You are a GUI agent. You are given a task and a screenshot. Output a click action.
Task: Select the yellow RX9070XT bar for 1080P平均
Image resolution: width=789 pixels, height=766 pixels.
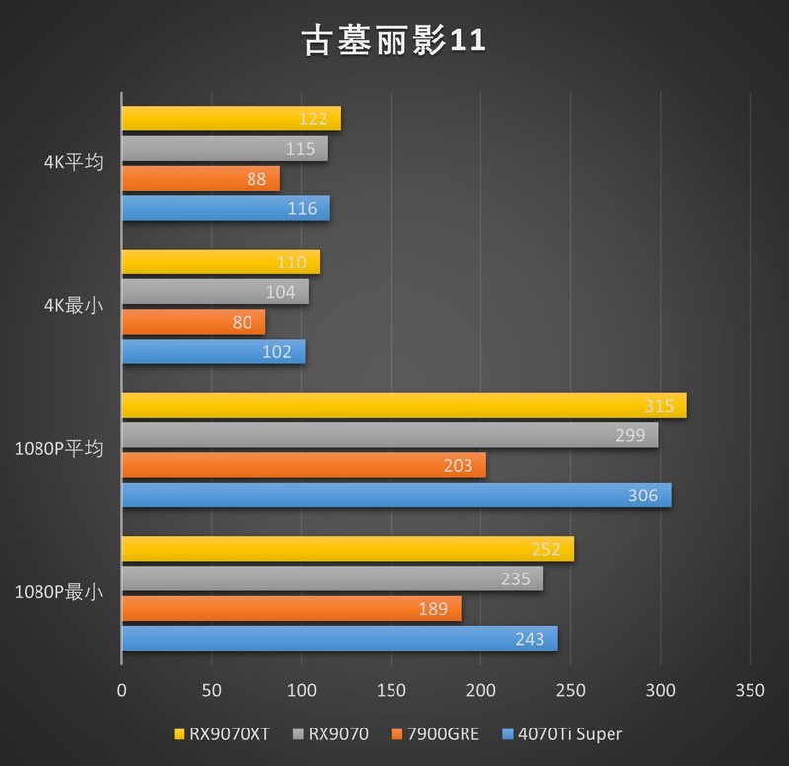click(x=403, y=406)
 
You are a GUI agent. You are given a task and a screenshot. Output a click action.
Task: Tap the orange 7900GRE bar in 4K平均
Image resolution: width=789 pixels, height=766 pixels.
click(x=200, y=179)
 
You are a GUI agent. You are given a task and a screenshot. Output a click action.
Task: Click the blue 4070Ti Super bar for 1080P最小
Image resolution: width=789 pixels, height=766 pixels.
click(x=339, y=639)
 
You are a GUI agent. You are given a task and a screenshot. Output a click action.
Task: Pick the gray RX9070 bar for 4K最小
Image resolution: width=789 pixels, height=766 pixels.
click(x=214, y=292)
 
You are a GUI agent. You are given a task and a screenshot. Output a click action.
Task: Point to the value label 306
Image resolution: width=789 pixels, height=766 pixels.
click(x=643, y=496)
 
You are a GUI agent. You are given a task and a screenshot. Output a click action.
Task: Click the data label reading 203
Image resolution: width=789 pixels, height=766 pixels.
click(x=459, y=466)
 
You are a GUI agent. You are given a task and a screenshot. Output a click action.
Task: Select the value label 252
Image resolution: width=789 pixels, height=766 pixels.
click(x=545, y=550)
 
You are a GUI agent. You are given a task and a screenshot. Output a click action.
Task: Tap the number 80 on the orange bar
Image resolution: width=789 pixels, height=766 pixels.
click(x=243, y=322)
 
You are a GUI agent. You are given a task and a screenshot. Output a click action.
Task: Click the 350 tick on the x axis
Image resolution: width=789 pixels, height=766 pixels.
click(x=750, y=688)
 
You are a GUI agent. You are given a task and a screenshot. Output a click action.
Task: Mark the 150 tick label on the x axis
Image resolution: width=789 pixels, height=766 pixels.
click(x=391, y=688)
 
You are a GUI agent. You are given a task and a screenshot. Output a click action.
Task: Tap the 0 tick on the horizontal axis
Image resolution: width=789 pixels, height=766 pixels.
click(x=121, y=688)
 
